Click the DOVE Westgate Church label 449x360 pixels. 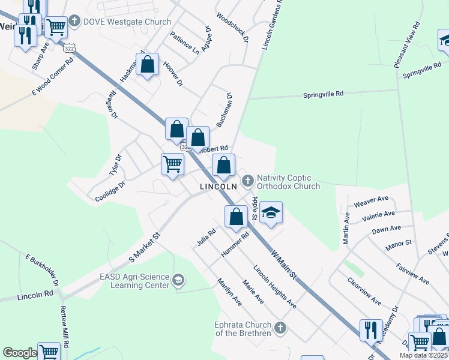tap(127, 22)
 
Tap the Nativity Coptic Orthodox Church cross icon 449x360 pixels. tap(247, 180)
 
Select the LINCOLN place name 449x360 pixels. tap(218, 187)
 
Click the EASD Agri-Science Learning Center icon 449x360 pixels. tap(178, 280)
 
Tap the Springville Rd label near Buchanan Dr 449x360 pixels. tap(323, 94)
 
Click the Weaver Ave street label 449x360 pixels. tap(372, 200)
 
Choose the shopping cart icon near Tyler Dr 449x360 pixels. tap(173, 163)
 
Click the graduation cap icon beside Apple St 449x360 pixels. tap(271, 212)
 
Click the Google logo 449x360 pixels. tap(19, 353)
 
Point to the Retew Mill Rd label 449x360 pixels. tap(64, 328)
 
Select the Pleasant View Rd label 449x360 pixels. tap(415, 44)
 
